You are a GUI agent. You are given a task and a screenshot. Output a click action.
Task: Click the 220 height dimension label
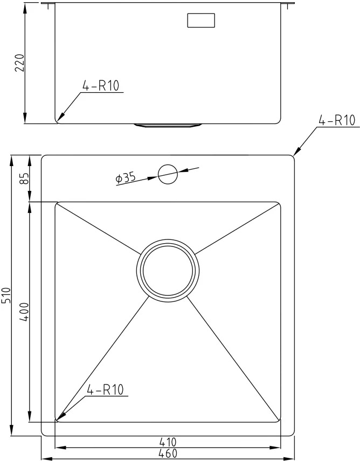click(x=20, y=63)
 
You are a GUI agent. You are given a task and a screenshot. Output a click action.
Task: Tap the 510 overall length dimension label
click(x=6, y=295)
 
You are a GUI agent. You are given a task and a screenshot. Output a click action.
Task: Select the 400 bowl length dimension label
click(x=25, y=312)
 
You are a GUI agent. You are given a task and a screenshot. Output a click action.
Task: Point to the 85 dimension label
click(x=25, y=178)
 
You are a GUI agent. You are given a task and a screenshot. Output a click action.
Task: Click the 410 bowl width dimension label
click(x=168, y=442)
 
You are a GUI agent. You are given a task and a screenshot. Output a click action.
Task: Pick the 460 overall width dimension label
click(x=168, y=453)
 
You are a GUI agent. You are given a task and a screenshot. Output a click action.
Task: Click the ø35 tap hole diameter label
click(x=126, y=178)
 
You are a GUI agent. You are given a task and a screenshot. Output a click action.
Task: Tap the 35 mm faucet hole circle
click(x=168, y=174)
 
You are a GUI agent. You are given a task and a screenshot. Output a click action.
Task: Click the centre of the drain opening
click(x=168, y=271)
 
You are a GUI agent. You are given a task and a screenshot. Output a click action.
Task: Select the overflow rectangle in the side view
click(x=201, y=20)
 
